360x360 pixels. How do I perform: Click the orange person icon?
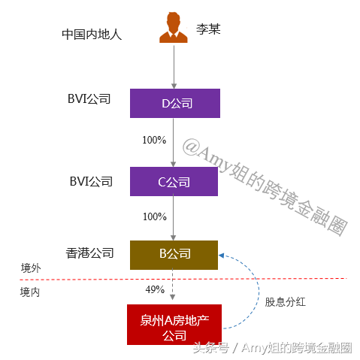[x=174, y=28]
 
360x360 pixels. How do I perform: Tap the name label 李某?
[x=208, y=29]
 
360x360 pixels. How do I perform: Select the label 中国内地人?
[x=92, y=35]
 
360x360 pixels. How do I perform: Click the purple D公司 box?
[x=175, y=103]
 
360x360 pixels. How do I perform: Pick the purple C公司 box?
[x=174, y=181]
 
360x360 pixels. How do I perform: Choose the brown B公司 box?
[x=174, y=255]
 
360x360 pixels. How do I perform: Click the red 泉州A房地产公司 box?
[x=174, y=325]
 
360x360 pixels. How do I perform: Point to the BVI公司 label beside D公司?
[x=89, y=98]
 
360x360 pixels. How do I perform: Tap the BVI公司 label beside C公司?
[x=91, y=181]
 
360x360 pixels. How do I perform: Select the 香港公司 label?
[x=89, y=253]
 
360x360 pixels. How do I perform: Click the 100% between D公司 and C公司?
[x=154, y=140]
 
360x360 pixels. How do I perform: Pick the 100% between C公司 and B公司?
[x=155, y=216]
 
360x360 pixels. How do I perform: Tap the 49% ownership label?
[x=155, y=289]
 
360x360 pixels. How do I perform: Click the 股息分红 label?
[x=286, y=302]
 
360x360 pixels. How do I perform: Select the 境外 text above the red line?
[x=31, y=268]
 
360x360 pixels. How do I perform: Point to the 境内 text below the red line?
[x=30, y=292]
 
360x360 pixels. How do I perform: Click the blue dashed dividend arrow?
[x=259, y=292]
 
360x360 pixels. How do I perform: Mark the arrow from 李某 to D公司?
[x=174, y=67]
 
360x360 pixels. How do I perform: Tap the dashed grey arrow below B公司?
[x=172, y=285]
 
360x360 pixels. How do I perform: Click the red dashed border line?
[x=183, y=279]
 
